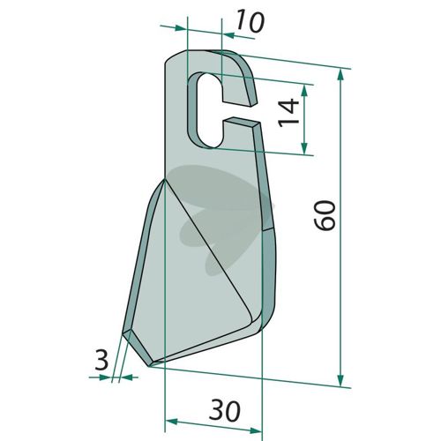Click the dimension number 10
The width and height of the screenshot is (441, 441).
250,21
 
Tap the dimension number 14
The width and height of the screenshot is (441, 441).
289,113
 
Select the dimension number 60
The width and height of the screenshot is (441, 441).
325,215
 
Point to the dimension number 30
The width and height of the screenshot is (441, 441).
225,410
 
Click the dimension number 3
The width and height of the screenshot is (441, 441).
101,360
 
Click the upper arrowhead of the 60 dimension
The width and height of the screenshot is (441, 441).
340,76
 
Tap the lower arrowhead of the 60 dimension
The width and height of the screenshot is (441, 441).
340,380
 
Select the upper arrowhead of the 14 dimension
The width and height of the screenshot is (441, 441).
304,92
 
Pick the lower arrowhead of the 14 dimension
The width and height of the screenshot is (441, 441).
304,148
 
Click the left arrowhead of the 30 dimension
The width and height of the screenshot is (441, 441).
171,422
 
